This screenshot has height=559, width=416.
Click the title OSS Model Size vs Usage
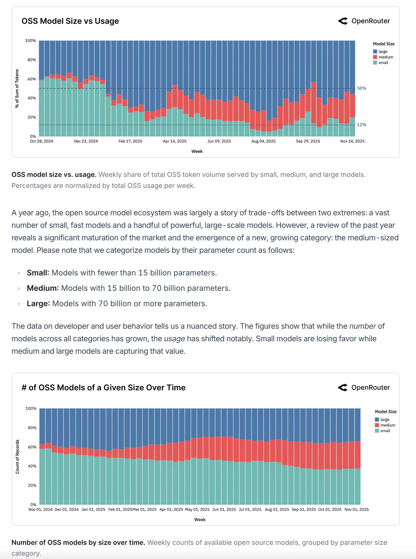[x=70, y=21]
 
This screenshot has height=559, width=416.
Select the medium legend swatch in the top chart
[x=375, y=57]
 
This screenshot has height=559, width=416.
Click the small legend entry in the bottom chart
[x=385, y=431]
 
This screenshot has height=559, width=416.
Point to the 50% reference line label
[x=361, y=88]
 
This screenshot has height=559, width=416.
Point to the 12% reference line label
[x=361, y=125]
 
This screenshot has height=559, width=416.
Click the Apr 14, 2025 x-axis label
[x=175, y=141]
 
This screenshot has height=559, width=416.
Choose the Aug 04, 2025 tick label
[x=263, y=141]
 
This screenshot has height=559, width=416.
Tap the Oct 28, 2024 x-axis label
[x=41, y=141]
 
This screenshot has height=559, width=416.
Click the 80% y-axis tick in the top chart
[x=32, y=60]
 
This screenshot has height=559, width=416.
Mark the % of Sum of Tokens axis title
[x=17, y=89]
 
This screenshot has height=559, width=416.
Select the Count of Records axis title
[x=17, y=457]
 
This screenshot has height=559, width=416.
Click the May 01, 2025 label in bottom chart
[x=197, y=509]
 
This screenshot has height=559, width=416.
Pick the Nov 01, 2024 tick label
[x=40, y=509]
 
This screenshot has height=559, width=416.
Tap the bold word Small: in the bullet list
[x=38, y=273]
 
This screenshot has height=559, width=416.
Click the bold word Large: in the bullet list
[x=38, y=304]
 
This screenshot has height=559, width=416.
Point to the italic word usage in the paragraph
[x=174, y=339]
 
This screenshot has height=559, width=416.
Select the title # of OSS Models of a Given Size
[x=103, y=388]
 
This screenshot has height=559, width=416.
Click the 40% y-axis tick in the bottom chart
[x=32, y=466]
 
